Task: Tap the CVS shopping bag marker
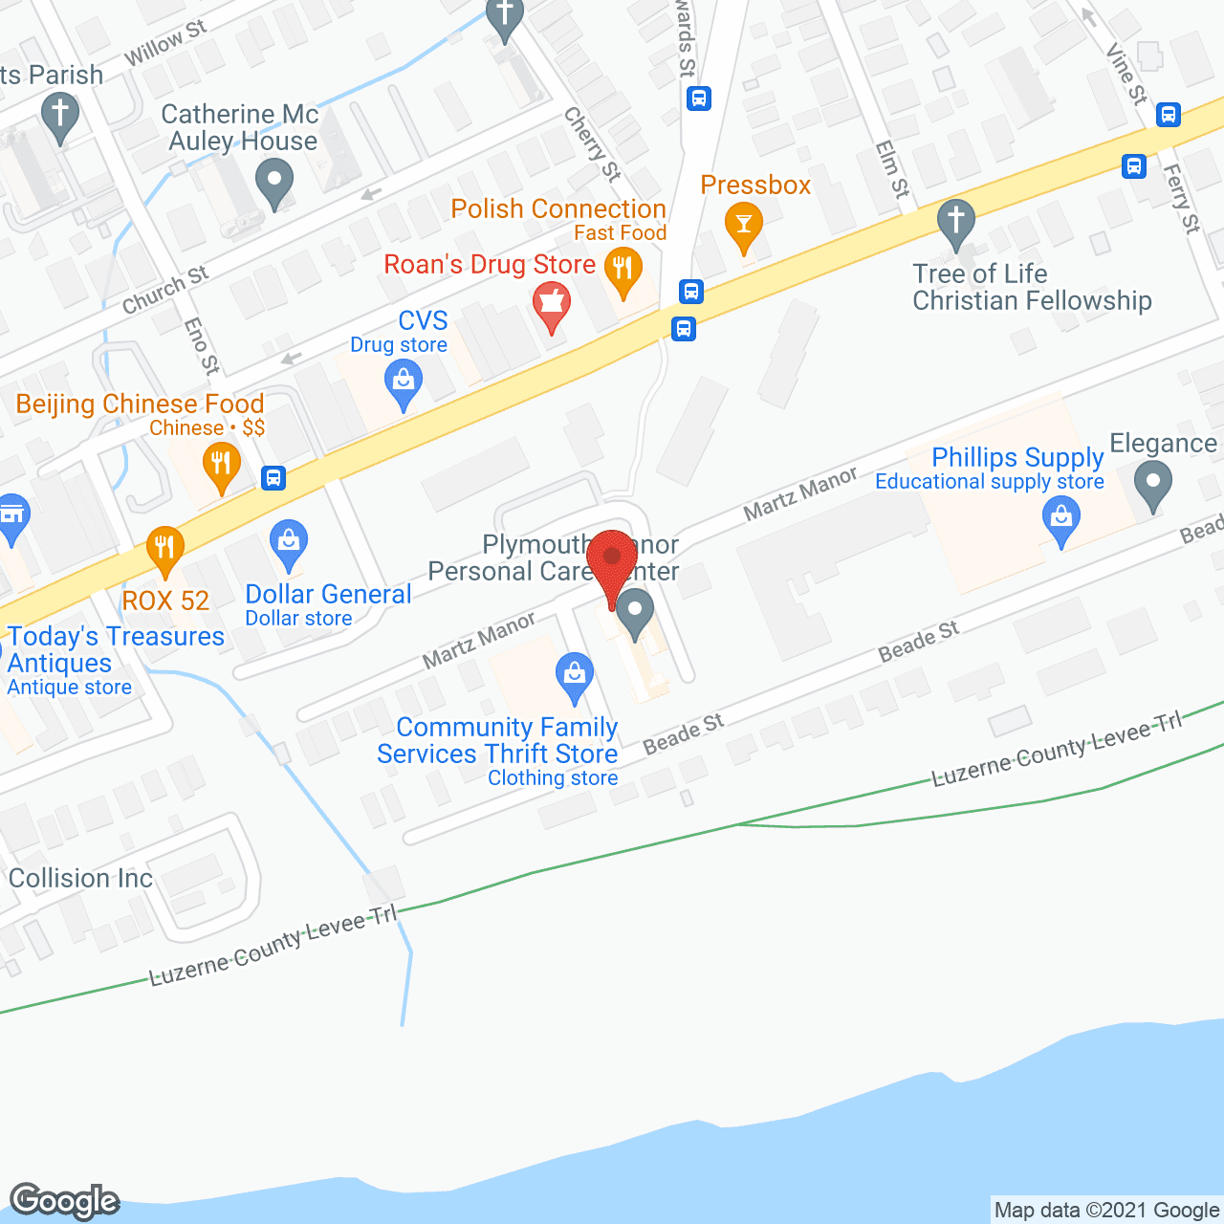click(404, 383)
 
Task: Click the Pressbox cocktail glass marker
click(744, 227)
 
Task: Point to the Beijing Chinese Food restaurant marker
click(221, 467)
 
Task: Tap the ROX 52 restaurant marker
click(164, 550)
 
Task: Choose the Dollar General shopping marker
click(288, 542)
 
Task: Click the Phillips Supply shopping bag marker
click(1061, 520)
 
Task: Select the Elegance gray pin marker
click(1152, 484)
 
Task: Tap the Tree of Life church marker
click(955, 223)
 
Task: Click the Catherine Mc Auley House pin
click(274, 182)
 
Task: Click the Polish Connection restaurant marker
click(623, 272)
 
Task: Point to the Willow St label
click(165, 44)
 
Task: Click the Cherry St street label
click(592, 144)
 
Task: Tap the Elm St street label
click(892, 169)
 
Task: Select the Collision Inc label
click(80, 878)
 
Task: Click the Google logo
click(65, 1201)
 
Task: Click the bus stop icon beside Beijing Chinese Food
click(273, 477)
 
